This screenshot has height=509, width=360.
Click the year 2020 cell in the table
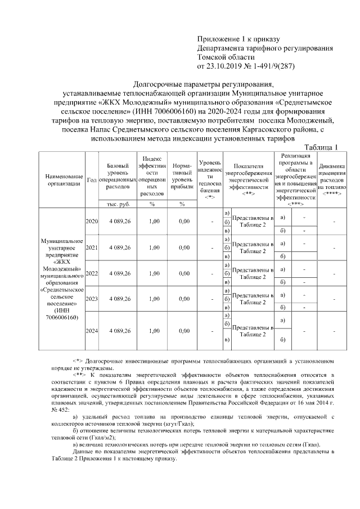92,222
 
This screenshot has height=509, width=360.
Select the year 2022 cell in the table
92,273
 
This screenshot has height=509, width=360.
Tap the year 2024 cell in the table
92,331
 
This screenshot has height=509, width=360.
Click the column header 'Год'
91,179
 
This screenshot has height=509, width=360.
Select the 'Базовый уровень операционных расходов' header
119,175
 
